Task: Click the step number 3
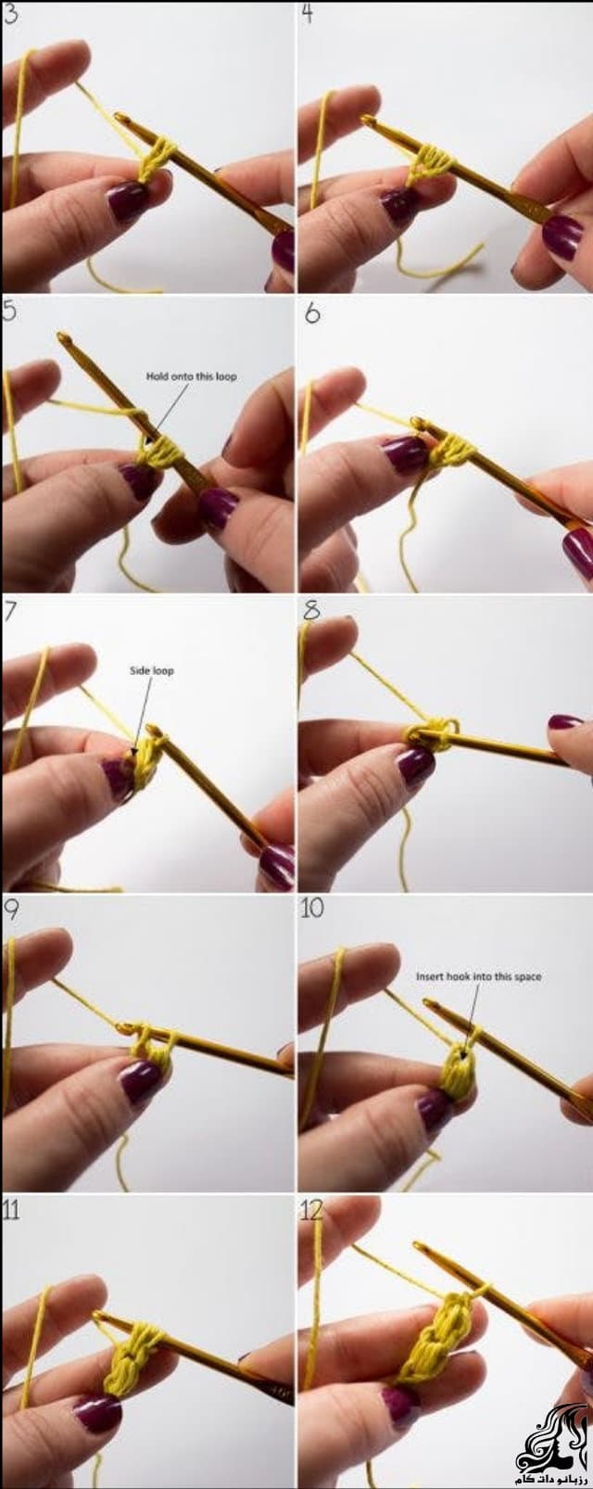pos(11,15)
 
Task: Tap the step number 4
pos(307,14)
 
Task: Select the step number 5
pos(10,312)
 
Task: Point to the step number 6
pos(312,312)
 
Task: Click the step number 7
pos(11,611)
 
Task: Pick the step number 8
pos(310,610)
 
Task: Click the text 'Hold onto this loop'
pos(191,376)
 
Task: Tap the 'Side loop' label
pos(151,670)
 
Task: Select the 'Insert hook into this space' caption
pos(478,976)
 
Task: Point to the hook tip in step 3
pos(120,117)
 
